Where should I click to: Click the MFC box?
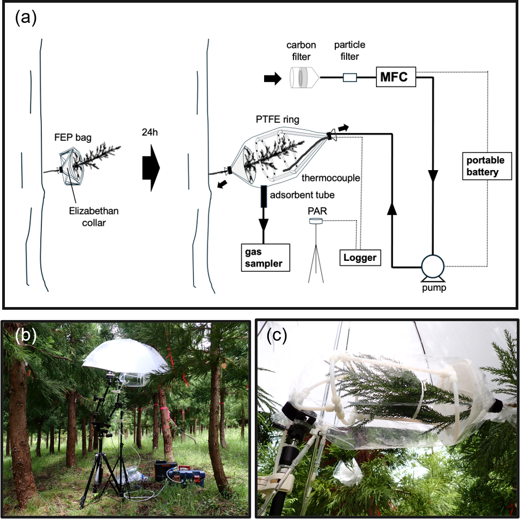(396, 78)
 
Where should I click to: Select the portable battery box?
(485, 167)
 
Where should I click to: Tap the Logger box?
(360, 257)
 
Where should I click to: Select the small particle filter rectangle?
(350, 78)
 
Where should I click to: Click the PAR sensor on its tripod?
(315, 222)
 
